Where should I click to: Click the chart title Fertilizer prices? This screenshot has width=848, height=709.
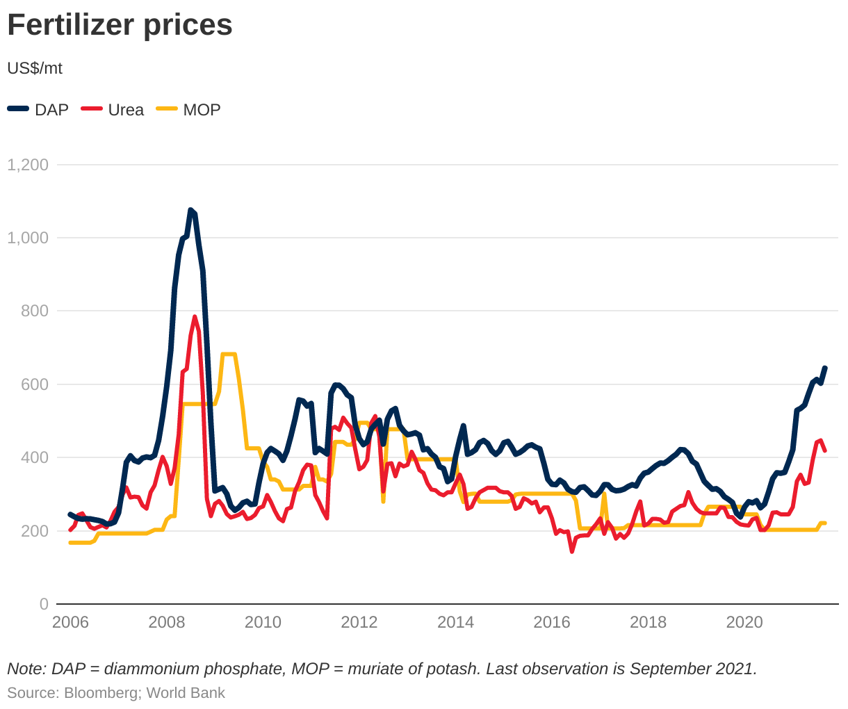click(x=120, y=25)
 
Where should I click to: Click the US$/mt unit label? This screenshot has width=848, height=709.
click(x=35, y=68)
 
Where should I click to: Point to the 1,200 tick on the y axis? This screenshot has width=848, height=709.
click(x=28, y=165)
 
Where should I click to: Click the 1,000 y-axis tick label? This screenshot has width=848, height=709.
click(x=28, y=238)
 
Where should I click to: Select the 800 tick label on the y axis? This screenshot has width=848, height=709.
click(x=35, y=311)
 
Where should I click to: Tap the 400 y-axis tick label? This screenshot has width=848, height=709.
click(x=35, y=457)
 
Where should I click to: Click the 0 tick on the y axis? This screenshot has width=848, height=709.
click(x=44, y=604)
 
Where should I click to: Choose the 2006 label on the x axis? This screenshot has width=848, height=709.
click(x=70, y=622)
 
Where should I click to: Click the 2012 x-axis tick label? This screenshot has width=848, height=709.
click(x=359, y=622)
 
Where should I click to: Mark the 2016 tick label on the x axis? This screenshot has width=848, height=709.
click(x=551, y=622)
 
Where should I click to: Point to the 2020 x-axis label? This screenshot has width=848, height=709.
click(x=744, y=622)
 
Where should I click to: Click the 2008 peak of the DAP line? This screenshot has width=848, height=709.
click(x=190, y=209)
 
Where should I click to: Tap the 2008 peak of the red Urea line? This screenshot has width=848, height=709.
click(x=195, y=317)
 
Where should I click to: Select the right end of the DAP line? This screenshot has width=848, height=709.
click(x=825, y=368)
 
